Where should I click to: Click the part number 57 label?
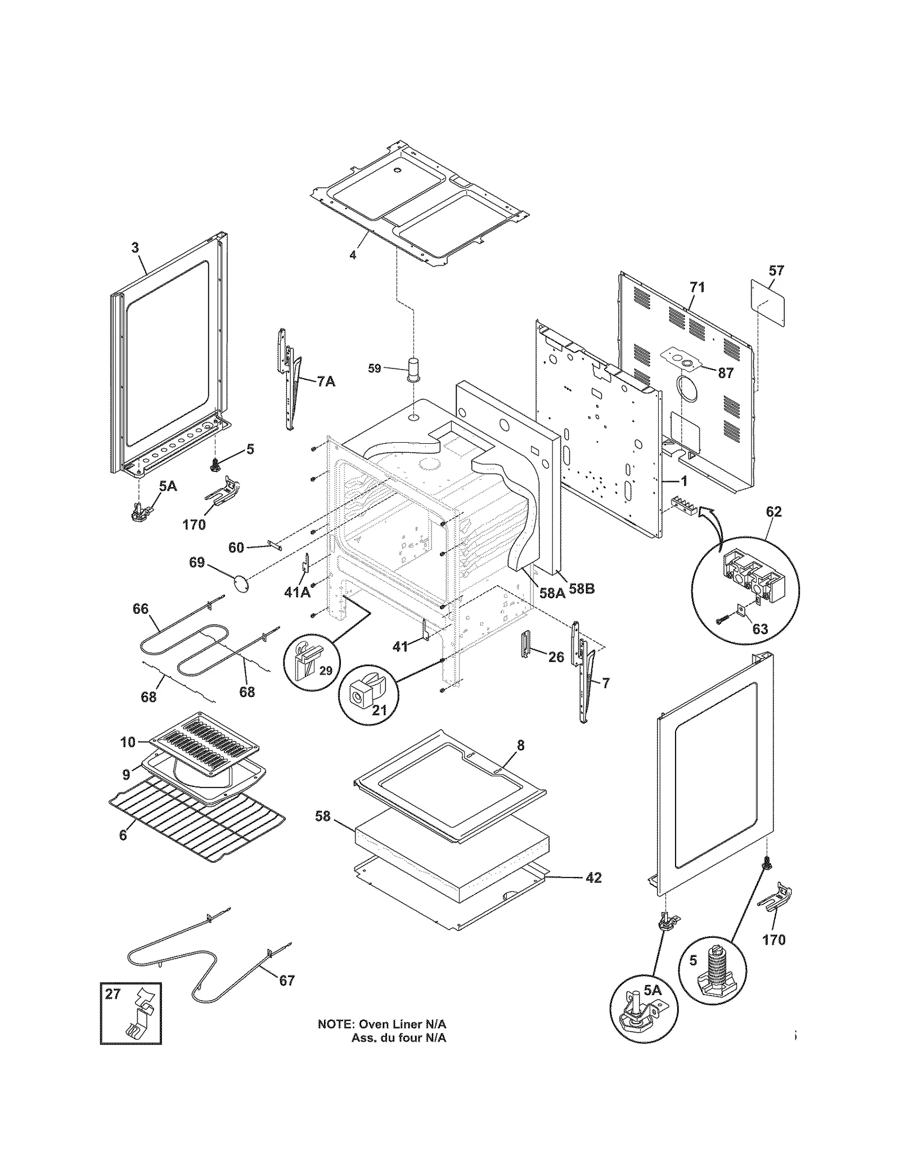click(776, 271)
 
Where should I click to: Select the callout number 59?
click(374, 368)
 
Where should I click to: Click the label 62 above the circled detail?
click(773, 512)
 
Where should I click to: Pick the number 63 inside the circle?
click(760, 629)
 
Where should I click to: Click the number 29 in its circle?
click(326, 671)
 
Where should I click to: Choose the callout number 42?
click(593, 878)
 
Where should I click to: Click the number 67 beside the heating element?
click(287, 980)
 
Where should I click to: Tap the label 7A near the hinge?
click(326, 382)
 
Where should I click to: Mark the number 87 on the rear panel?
click(726, 373)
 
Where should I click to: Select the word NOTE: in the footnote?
click(336, 1024)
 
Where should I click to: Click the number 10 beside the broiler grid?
click(128, 742)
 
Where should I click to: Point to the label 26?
click(556, 656)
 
